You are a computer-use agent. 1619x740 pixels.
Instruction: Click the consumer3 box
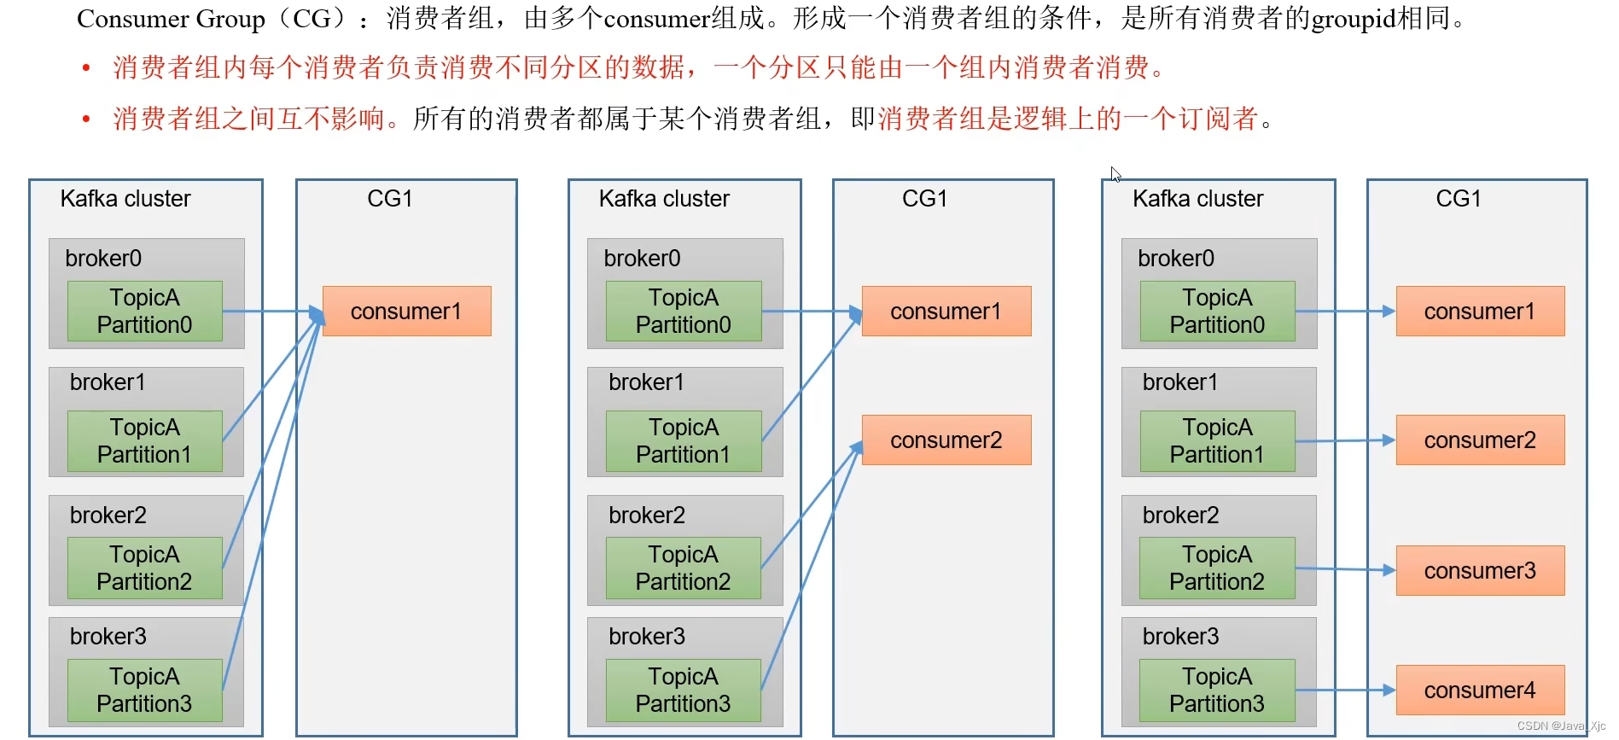[x=1480, y=570]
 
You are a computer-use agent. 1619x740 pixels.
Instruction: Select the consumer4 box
[x=1480, y=690]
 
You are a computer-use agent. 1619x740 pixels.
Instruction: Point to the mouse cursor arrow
[x=1115, y=174]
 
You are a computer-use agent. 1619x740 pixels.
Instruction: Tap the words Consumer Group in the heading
[x=171, y=19]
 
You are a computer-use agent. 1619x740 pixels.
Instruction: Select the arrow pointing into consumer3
[x=1345, y=569]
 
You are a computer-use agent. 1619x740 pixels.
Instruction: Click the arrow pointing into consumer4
[x=1345, y=690]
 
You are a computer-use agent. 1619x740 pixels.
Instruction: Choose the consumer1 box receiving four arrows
[x=406, y=312]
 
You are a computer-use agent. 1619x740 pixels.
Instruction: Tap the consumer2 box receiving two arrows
[x=946, y=440]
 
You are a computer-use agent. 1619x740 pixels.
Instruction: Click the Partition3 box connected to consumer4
[x=1217, y=690]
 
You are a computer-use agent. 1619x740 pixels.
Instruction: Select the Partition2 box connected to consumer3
[x=1217, y=568]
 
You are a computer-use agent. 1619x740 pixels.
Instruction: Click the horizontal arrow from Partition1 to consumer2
[x=1345, y=440]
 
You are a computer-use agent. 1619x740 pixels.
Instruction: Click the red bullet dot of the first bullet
[x=86, y=68]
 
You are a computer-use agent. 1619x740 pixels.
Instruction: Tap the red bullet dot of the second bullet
[x=86, y=119]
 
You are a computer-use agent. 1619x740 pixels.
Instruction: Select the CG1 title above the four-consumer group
[x=1459, y=199]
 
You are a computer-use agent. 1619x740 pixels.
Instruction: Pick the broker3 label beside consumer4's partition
[x=1180, y=637]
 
